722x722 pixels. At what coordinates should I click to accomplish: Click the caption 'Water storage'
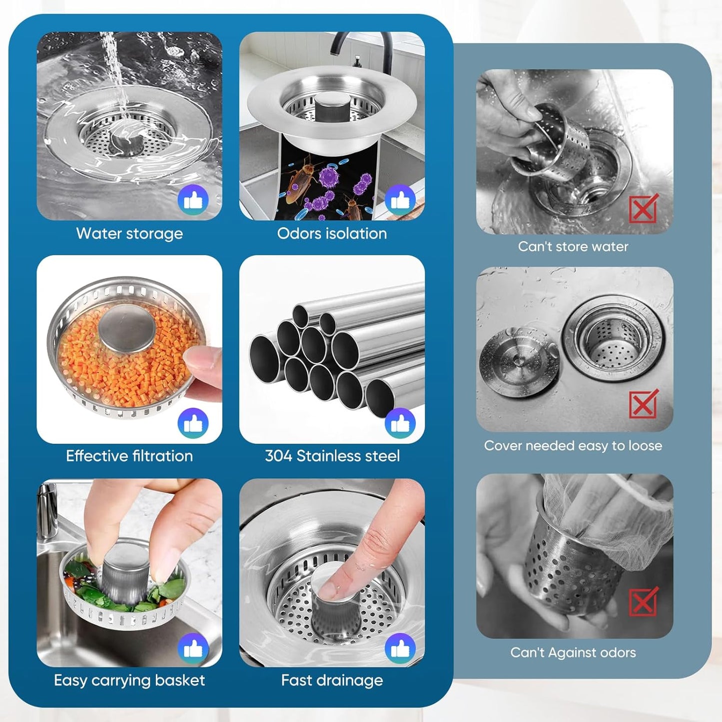click(x=129, y=233)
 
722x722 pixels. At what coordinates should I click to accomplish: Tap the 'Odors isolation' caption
click(x=332, y=233)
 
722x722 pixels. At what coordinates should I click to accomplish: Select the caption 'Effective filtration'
click(x=129, y=456)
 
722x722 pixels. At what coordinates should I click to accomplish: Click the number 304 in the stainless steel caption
click(x=278, y=456)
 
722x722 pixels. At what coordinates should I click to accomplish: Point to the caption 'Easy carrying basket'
click(x=129, y=680)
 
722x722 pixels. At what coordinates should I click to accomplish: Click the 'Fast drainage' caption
click(x=332, y=680)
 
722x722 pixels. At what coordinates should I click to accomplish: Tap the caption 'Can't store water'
click(x=573, y=246)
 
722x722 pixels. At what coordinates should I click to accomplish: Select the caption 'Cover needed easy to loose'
click(x=573, y=446)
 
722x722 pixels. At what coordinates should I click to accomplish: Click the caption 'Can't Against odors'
click(x=573, y=653)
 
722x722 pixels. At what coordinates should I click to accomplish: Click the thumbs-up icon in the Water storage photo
click(x=193, y=200)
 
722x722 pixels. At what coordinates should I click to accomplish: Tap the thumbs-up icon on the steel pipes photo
click(x=400, y=423)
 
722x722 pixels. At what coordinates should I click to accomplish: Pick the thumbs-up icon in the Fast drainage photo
click(x=400, y=648)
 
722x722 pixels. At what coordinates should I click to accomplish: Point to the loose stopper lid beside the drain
click(x=519, y=361)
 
